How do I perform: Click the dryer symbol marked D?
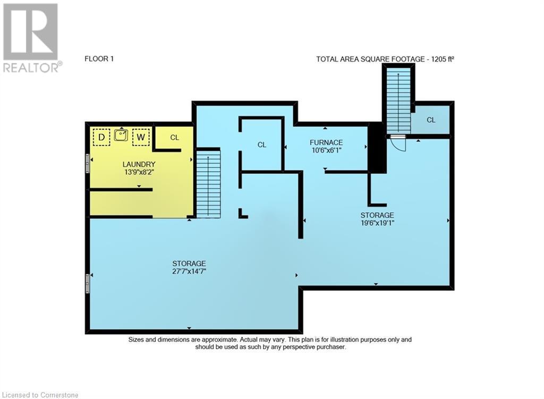coord(101,137)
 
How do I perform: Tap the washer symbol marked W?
coord(140,137)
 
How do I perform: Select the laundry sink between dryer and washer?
coord(121,134)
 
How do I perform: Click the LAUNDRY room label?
coord(139,164)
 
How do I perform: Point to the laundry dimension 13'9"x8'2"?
coord(139,172)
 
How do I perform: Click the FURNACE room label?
coord(326,142)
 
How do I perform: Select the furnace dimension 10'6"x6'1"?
coord(326,150)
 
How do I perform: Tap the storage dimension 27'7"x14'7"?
coord(189,271)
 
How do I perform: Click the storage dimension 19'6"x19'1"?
coord(377,223)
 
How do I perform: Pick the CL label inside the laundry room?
coord(174,138)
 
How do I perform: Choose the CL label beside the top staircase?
coord(431,120)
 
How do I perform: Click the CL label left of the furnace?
coord(262,145)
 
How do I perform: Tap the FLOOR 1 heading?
coord(99,59)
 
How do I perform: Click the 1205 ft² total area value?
coord(443,60)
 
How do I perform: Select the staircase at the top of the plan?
coord(398,100)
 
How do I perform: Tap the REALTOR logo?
coord(31,38)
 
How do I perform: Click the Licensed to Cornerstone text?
coord(40,395)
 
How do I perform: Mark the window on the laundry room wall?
coord(88,163)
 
